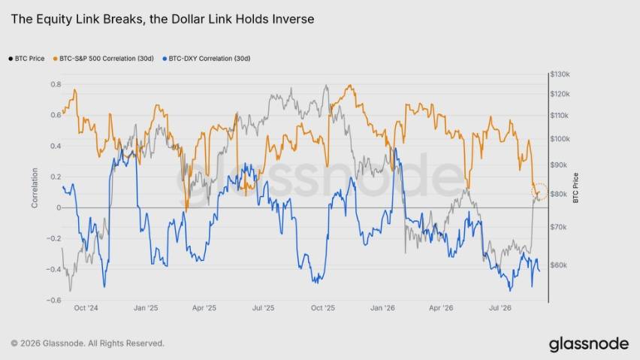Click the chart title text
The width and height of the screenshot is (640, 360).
162,20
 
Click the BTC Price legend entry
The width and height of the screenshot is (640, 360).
26,59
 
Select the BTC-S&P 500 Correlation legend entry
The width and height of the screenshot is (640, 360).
104,59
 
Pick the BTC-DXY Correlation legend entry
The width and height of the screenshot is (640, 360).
207,59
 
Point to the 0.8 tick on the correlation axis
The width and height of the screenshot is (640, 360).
56,84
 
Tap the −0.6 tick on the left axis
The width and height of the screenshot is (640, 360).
53,301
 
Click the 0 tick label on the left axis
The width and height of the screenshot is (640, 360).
59,207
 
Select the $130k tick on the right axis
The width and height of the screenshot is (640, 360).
560,74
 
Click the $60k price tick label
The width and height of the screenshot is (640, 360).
558,265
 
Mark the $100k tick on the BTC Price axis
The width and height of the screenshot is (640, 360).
560,139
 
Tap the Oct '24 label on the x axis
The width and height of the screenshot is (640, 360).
86,308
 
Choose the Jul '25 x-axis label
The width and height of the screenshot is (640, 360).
263,308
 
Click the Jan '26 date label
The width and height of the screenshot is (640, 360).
382,308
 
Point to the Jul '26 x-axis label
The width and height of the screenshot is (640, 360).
500,308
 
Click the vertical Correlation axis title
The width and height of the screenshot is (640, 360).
35,188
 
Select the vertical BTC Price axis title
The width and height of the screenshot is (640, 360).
576,188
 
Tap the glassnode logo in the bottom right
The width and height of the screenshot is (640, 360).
589,344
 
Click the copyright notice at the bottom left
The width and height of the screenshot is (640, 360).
88,343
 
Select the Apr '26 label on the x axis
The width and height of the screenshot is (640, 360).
441,308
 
